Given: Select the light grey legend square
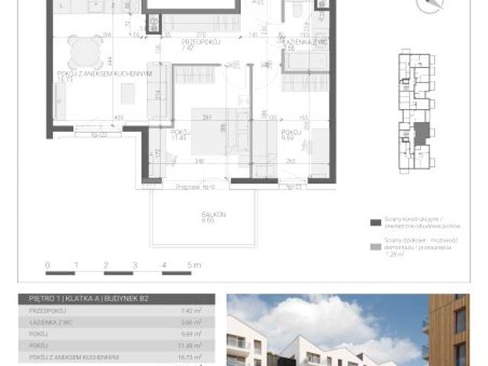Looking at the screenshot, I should [x=374, y=247].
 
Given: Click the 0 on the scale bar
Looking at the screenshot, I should [x=48, y=265].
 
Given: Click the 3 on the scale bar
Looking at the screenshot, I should [x=135, y=265].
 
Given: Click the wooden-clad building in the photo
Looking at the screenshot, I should [x=457, y=328].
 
